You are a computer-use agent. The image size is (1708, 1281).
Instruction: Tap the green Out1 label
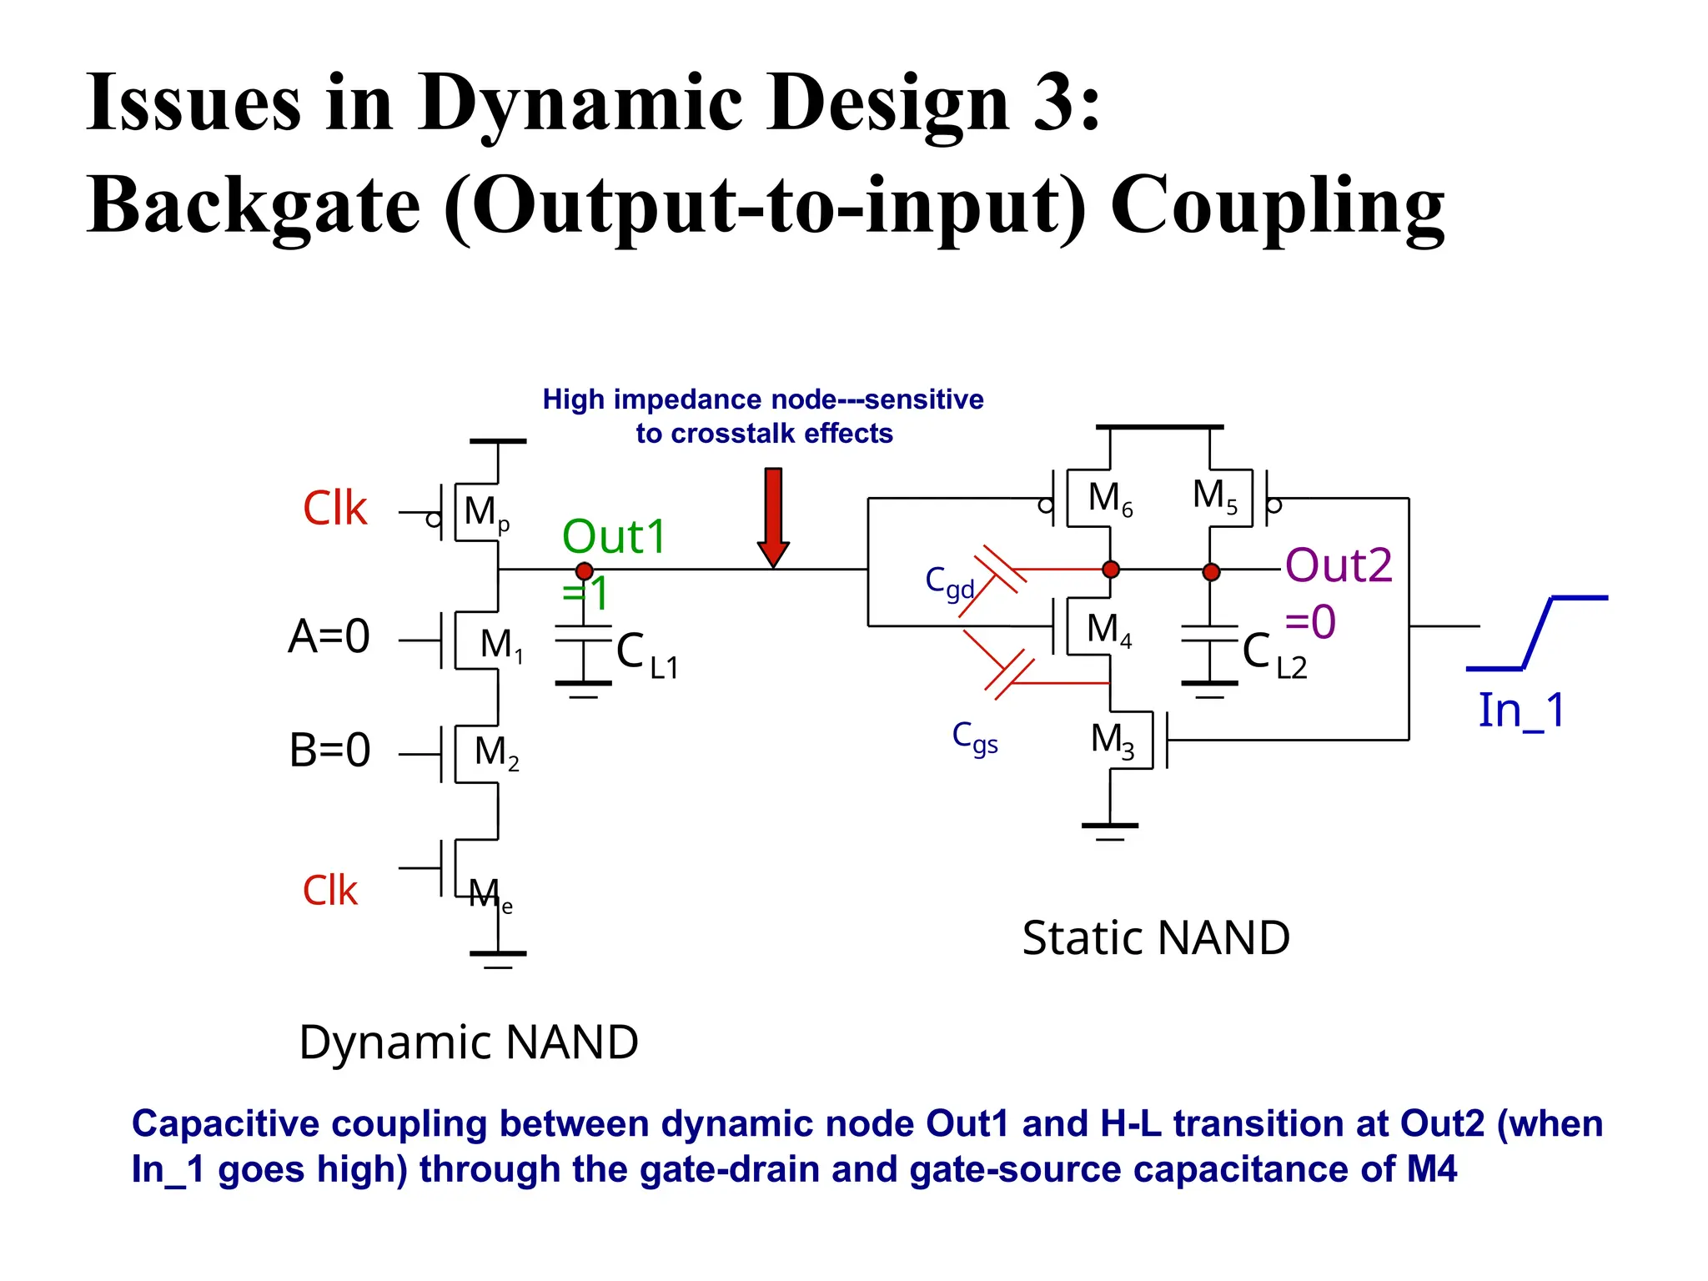[x=614, y=536]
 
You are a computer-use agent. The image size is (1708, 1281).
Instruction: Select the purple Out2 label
[x=1339, y=565]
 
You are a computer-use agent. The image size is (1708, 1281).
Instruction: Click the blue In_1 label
[x=1521, y=711]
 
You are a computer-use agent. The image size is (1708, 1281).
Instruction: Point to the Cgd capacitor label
[x=949, y=582]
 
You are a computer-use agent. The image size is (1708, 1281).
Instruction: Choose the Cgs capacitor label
[x=975, y=737]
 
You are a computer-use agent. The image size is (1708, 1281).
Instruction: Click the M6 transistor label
[x=1110, y=499]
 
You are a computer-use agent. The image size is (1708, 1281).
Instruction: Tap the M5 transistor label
[x=1214, y=495]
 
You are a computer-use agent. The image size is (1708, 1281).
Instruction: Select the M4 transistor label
[x=1108, y=630]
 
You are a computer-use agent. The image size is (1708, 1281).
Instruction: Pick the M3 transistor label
[x=1113, y=740]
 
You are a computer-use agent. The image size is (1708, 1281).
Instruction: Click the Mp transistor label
[x=485, y=512]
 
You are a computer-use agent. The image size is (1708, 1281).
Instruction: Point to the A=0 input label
[x=329, y=636]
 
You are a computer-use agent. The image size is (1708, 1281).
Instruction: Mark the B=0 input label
[x=329, y=750]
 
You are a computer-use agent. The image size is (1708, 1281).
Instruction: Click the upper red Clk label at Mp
[x=334, y=509]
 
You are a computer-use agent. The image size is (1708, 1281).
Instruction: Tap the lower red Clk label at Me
[x=329, y=891]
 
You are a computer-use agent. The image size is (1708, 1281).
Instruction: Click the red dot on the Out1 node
[x=584, y=571]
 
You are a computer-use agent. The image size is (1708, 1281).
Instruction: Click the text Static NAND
[x=1156, y=937]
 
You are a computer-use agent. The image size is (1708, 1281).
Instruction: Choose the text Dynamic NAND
[x=469, y=1042]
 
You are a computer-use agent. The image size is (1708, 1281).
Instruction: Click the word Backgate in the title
[x=254, y=207]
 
